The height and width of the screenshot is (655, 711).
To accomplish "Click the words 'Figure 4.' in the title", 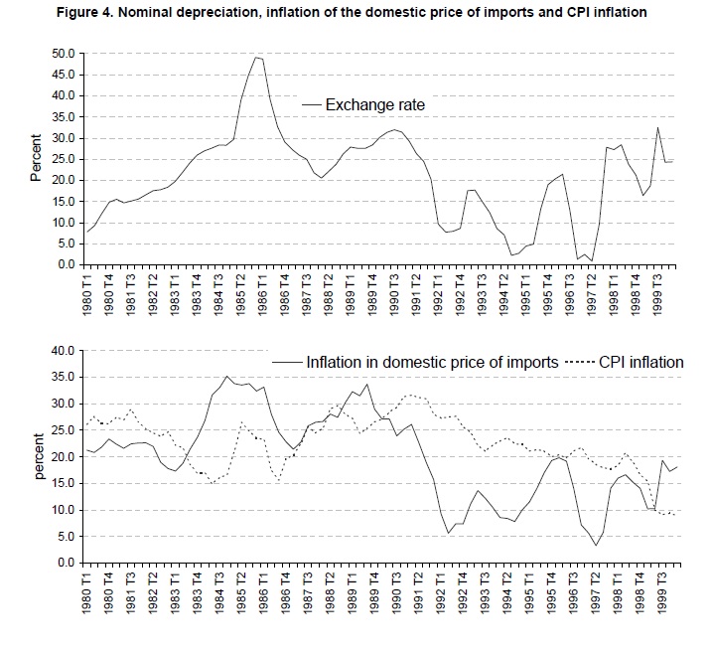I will pyautogui.click(x=46, y=13).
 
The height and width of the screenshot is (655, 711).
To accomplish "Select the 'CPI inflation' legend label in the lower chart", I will pyautogui.click(x=641, y=362).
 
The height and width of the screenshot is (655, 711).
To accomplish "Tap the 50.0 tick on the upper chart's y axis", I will pyautogui.click(x=62, y=53).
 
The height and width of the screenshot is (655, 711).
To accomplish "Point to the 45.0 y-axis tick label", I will pyautogui.click(x=62, y=75).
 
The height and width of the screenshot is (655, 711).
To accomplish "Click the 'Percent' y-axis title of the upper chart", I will pyautogui.click(x=36, y=158).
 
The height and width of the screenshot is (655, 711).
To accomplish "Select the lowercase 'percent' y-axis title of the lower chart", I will pyautogui.click(x=36, y=455).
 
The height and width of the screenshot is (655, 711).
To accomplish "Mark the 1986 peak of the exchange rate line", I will pyautogui.click(x=257, y=57).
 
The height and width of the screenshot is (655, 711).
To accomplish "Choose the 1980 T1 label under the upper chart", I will pyautogui.click(x=87, y=296).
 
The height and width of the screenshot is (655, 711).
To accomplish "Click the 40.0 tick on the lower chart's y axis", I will pyautogui.click(x=62, y=350).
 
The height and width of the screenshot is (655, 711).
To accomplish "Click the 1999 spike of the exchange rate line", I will pyautogui.click(x=656, y=126).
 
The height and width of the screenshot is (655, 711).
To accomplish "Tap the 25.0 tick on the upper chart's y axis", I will pyautogui.click(x=62, y=159).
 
